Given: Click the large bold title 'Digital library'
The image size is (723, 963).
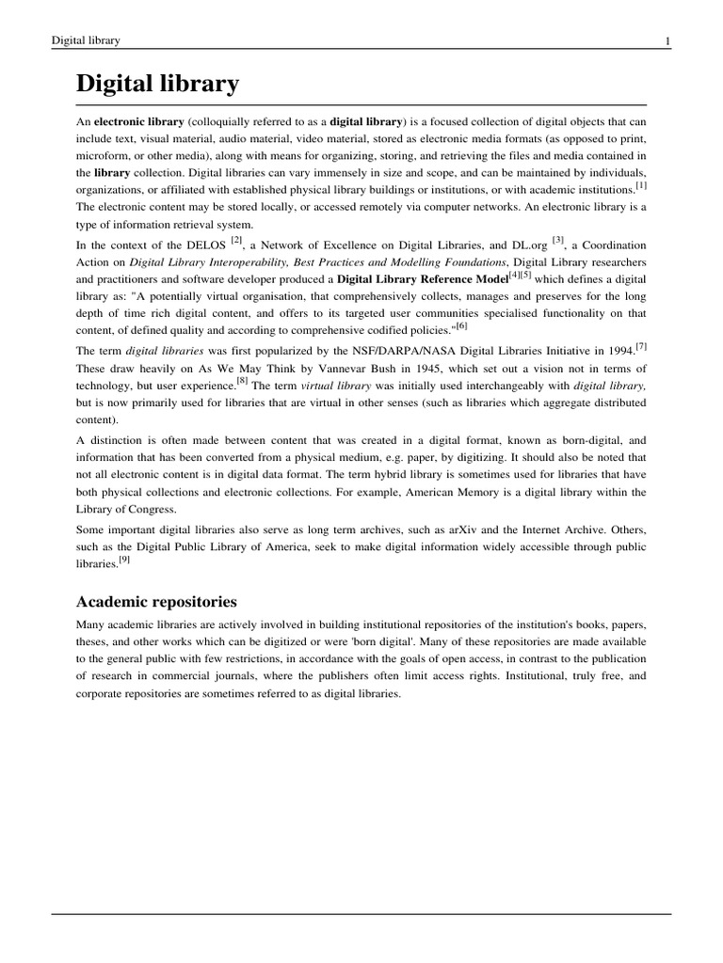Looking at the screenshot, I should [158, 85].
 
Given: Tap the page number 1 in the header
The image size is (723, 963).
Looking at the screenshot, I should [667, 40].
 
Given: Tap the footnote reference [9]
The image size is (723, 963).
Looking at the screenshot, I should [124, 559].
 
